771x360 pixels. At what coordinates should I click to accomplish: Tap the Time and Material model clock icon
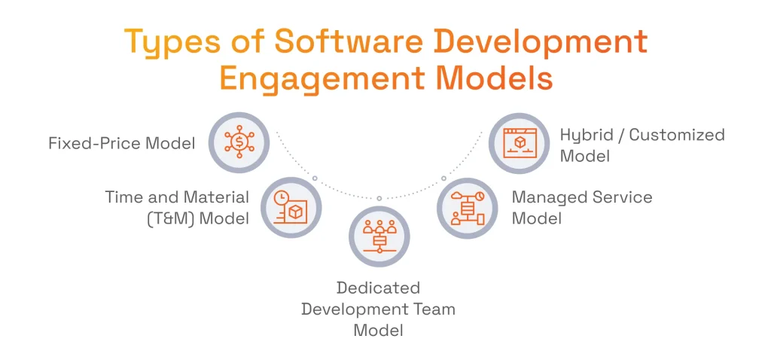[x=291, y=207]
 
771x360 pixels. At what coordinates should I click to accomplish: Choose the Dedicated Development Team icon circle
[x=379, y=236]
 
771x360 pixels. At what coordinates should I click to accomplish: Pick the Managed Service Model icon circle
[x=468, y=207]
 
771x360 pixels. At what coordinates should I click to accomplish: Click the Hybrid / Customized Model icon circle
[x=520, y=142]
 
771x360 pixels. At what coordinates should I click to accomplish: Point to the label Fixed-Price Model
[x=121, y=142]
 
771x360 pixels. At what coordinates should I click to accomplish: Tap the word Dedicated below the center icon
[x=378, y=288]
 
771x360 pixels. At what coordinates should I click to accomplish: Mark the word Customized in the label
[x=677, y=136]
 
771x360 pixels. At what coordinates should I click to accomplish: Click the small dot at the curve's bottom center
[x=379, y=198]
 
